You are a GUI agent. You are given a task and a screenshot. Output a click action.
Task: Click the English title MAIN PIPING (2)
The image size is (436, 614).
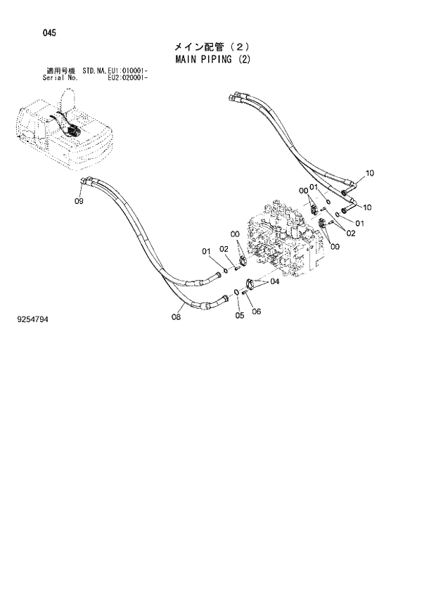pos(211,59)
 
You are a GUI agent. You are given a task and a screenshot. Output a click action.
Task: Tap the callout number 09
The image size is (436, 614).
pos(79,201)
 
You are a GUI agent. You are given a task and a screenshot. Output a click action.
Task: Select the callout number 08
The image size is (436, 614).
pos(176,317)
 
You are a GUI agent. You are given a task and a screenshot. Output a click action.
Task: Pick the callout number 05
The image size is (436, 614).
pos(240,316)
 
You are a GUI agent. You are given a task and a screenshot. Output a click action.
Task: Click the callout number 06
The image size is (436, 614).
pos(256,312)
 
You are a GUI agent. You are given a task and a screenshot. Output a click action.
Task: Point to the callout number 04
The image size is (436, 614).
pos(274,282)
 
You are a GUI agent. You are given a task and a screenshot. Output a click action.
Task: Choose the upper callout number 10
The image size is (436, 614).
pos(370,173)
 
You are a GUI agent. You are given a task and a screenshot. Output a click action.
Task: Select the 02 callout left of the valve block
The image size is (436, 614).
pos(223,249)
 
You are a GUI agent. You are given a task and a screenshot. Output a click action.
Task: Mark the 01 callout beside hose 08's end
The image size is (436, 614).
pos(207,252)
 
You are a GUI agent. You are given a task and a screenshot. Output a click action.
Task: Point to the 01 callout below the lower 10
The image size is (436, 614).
pos(359,224)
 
